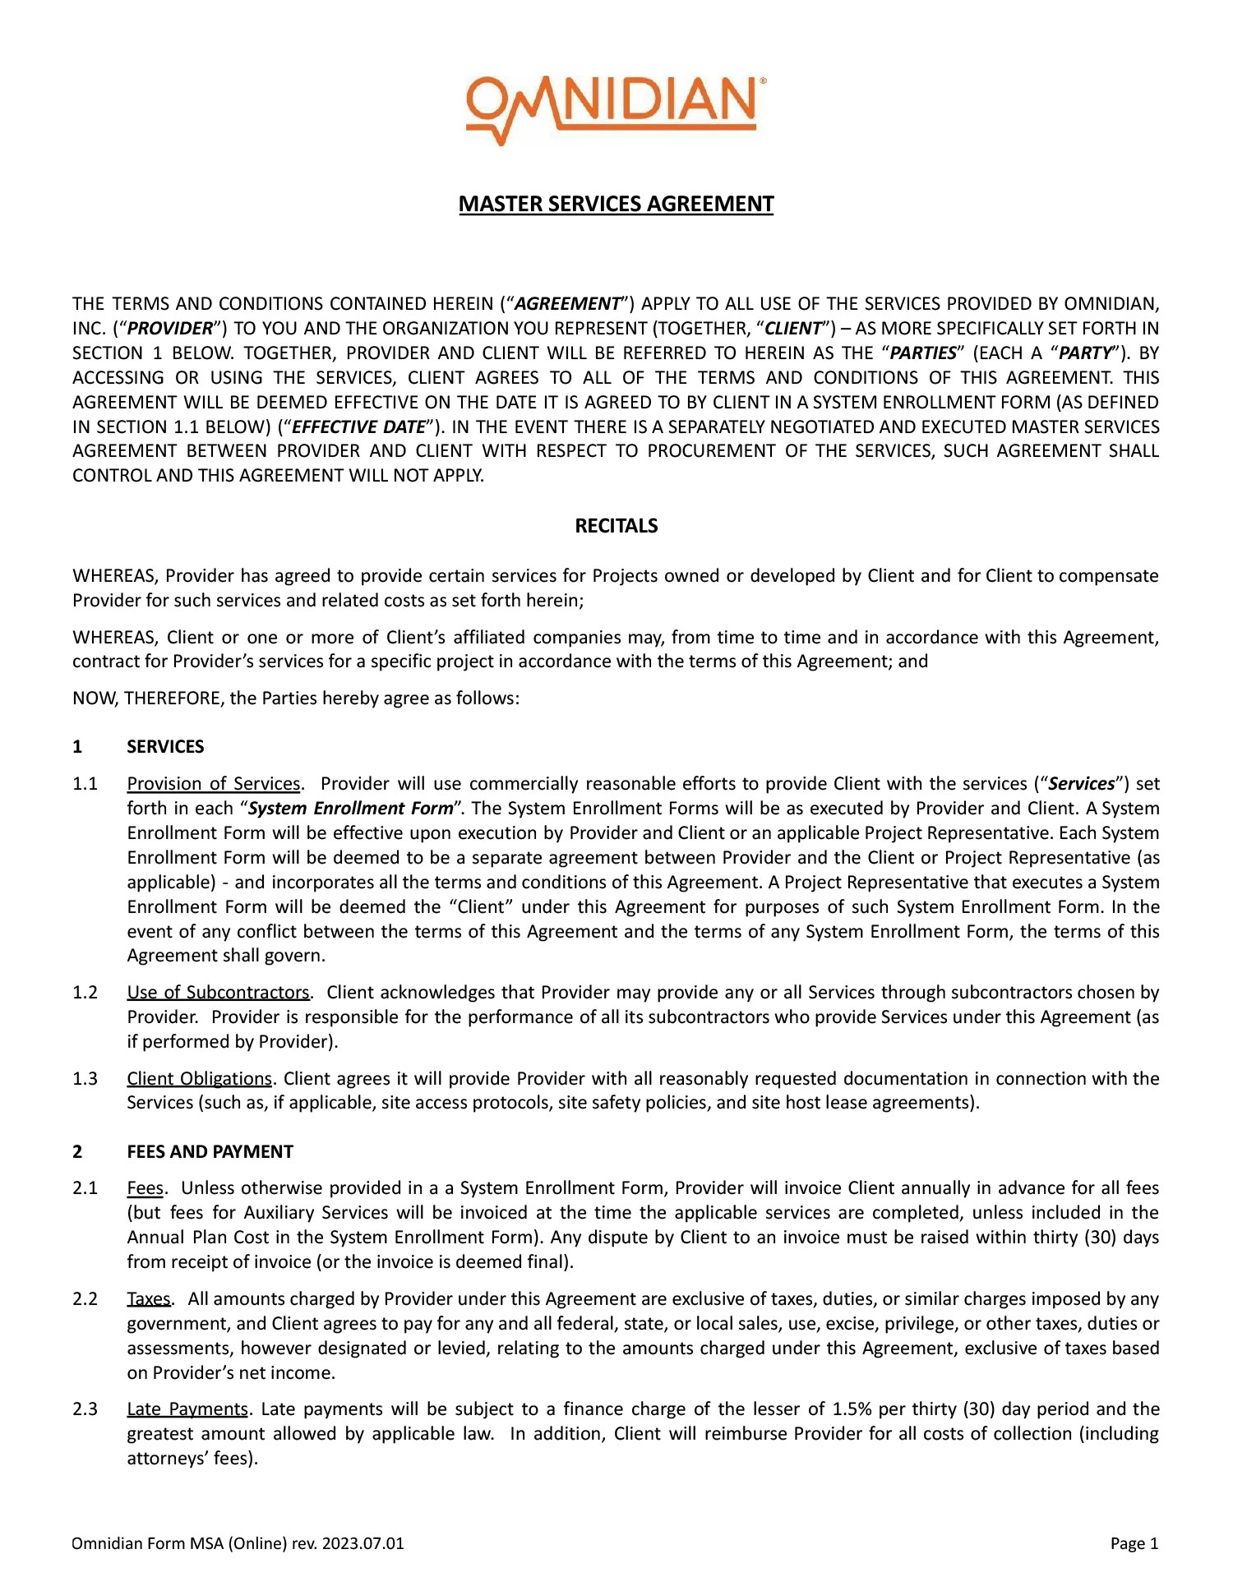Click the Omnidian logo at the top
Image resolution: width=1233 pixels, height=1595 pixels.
click(x=616, y=110)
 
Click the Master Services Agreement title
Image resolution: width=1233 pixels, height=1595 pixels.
click(x=616, y=204)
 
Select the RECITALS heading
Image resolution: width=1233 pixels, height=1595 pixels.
click(x=616, y=526)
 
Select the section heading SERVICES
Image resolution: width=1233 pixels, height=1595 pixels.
click(x=165, y=747)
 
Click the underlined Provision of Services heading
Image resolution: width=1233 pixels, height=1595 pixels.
click(x=214, y=784)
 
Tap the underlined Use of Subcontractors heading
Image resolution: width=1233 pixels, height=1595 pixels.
click(x=218, y=993)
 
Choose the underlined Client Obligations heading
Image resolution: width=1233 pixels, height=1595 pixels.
click(x=199, y=1079)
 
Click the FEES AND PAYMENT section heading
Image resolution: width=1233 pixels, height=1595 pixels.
click(x=210, y=1152)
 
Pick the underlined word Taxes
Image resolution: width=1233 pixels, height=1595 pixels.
click(x=149, y=1299)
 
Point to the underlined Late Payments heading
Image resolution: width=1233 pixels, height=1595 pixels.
click(x=187, y=1409)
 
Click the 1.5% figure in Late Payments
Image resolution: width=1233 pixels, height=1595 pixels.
click(x=852, y=1409)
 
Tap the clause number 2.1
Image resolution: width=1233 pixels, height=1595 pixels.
click(x=85, y=1188)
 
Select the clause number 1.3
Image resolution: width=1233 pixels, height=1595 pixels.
click(x=85, y=1079)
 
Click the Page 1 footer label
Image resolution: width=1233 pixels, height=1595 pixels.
click(x=1134, y=1543)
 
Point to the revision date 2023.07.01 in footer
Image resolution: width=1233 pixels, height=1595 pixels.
click(x=363, y=1543)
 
